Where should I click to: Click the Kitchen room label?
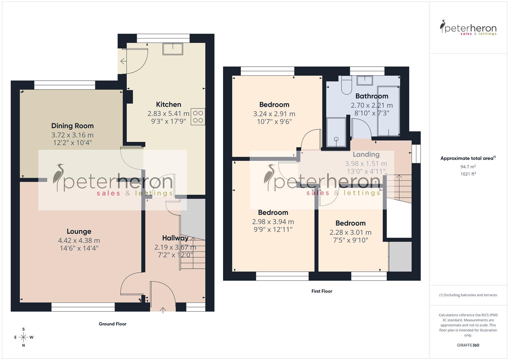[x=168, y=104]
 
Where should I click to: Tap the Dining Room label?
[x=72, y=126]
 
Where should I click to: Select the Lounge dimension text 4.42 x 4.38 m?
[x=79, y=240]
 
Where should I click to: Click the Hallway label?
[x=175, y=238]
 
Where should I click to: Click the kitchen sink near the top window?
[x=173, y=49]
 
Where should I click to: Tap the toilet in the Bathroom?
[x=346, y=85]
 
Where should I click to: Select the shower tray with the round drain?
[x=336, y=132]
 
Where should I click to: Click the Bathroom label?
[x=372, y=96]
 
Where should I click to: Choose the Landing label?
[x=366, y=154]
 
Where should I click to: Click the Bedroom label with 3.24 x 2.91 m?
[x=274, y=104]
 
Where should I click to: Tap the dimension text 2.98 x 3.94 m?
[x=273, y=222]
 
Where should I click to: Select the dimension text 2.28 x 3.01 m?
[x=350, y=232]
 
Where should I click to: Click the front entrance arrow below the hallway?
[x=163, y=310]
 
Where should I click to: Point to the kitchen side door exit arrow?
[x=123, y=61]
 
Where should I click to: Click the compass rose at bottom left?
[x=23, y=337]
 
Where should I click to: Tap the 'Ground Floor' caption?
[x=112, y=324]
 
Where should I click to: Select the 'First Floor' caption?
[x=322, y=291]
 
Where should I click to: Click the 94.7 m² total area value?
[x=468, y=166]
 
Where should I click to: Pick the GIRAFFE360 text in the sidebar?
[x=468, y=345]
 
